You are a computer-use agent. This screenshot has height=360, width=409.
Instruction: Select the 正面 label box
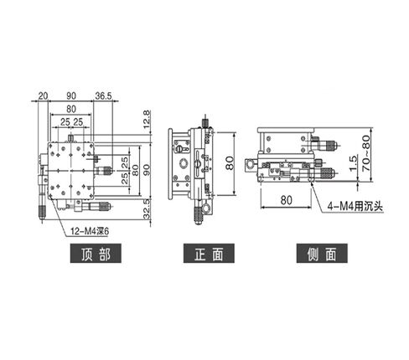click(204, 252)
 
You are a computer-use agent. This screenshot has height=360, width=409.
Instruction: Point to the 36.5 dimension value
click(105, 95)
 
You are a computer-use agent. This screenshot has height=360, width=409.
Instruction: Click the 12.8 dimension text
click(147, 120)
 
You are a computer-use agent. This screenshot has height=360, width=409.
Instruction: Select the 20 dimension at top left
click(43, 95)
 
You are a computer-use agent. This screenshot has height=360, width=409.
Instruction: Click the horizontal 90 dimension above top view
click(73, 95)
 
